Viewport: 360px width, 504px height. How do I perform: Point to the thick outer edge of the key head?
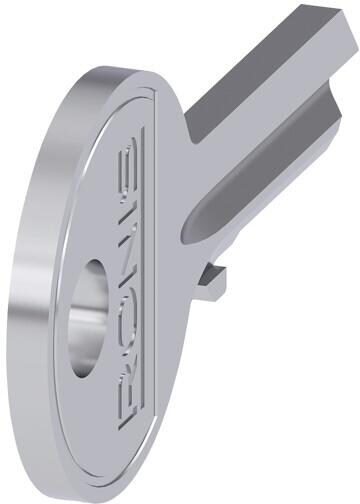click(40, 300)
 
